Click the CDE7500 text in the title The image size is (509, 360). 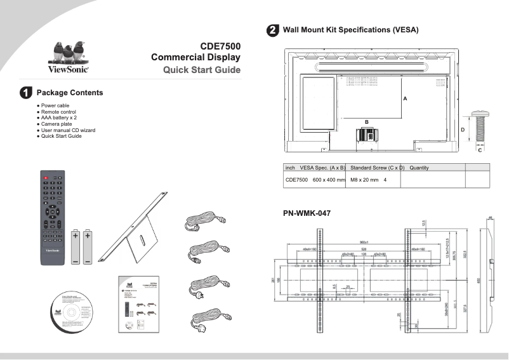[220, 46]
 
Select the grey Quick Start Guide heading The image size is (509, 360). [202, 70]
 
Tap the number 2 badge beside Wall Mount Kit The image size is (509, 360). [272, 30]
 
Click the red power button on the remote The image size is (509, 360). [46, 177]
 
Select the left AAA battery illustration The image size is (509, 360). [76, 247]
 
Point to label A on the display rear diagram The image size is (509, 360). [404, 100]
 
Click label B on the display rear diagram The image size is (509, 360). [366, 121]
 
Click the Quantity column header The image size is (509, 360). [420, 168]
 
